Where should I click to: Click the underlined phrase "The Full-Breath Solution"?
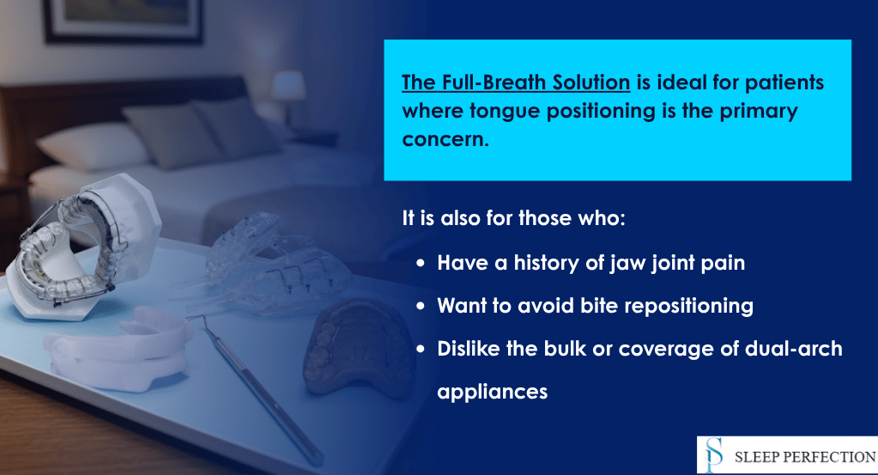516,84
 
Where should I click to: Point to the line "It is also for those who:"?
514,217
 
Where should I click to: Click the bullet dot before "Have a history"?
421,264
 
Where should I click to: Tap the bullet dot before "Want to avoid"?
421,306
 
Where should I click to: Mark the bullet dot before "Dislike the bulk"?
421,350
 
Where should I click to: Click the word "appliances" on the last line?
492,392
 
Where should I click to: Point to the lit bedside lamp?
288,88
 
